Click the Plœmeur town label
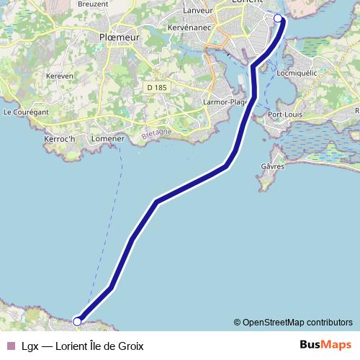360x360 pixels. pos(120,37)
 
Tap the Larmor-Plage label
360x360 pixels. pos(225,102)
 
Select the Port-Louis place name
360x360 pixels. pos(284,114)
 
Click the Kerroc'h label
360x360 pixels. pos(60,137)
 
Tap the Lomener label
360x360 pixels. pos(109,138)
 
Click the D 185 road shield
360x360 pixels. pos(156,87)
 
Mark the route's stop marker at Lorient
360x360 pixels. pos(279,17)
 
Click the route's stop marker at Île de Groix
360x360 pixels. pos(77,321)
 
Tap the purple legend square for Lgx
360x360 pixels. pos(10,346)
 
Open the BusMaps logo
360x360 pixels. pos(326,346)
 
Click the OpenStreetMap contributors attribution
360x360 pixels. pos(293,322)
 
